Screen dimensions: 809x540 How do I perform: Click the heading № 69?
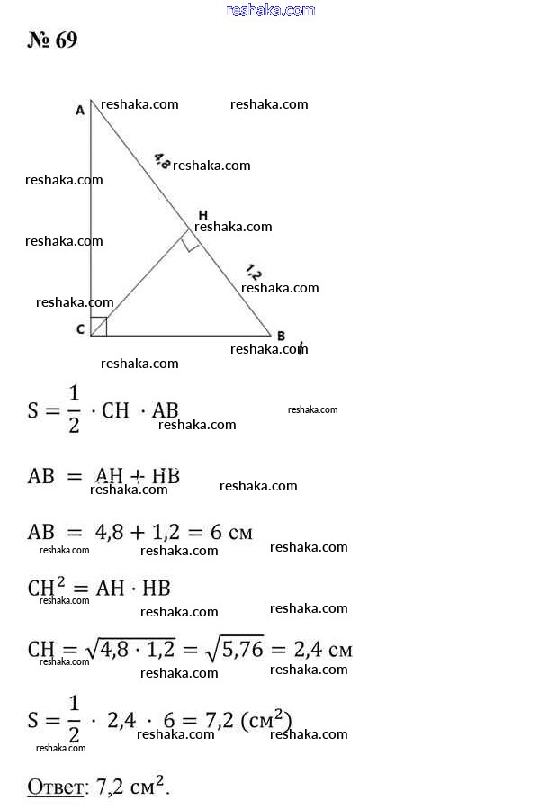pyautogui.click(x=53, y=41)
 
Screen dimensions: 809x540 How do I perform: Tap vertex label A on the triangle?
pyautogui.click(x=80, y=110)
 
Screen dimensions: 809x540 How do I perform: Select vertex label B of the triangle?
pyautogui.click(x=281, y=336)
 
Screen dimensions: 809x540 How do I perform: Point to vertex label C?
pyautogui.click(x=80, y=329)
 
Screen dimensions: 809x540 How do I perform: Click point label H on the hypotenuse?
pyautogui.click(x=202, y=215)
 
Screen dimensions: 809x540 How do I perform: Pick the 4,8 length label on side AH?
pyautogui.click(x=162, y=161)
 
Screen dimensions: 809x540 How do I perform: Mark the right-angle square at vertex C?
pyautogui.click(x=99, y=327)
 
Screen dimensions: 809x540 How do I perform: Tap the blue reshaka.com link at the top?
pyautogui.click(x=271, y=10)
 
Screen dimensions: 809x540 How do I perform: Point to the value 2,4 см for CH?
pyautogui.click(x=326, y=649)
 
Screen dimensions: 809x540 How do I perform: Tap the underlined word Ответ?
pyautogui.click(x=55, y=787)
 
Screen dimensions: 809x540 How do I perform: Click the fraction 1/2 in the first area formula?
pyautogui.click(x=74, y=411)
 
